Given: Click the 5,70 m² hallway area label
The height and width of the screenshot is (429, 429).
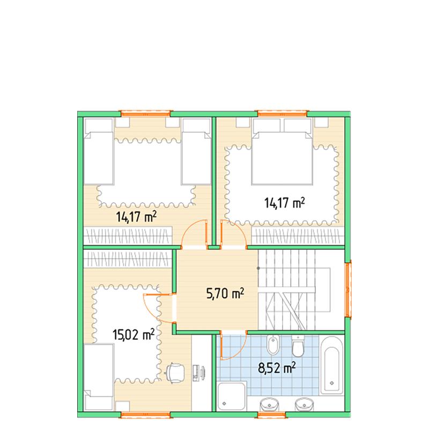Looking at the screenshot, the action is point(225,293).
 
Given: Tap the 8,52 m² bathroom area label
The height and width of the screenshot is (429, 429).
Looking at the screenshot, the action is point(277,368).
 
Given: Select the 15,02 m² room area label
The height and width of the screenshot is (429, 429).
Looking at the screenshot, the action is point(134,334).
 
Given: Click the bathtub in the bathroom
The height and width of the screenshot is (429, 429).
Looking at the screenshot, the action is point(332,366).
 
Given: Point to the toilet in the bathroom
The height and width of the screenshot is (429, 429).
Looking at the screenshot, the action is point(298,346).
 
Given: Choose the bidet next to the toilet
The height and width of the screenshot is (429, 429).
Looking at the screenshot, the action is point(273,345).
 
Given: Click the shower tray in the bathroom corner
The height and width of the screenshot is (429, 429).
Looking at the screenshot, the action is point(232,396).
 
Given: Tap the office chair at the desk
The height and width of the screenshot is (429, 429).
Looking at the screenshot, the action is point(175,373).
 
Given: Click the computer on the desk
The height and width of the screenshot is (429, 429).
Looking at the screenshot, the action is point(199,373).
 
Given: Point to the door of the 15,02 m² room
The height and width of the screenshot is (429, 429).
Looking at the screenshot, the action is point(159,308).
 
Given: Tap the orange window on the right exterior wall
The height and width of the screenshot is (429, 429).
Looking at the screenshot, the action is point(348,290).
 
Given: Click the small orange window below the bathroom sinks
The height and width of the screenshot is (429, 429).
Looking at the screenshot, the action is point(271,415).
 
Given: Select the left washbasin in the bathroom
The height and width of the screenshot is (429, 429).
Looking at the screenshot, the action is point(269,404).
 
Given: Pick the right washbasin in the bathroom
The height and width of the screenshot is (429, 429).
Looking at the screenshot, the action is point(304,404).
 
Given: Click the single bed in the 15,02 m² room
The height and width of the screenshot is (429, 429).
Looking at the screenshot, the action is point(99,378).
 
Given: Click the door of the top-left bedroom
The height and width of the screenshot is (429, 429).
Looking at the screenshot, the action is point(194,233).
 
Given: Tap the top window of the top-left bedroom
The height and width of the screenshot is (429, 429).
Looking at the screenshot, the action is point(146,113).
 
